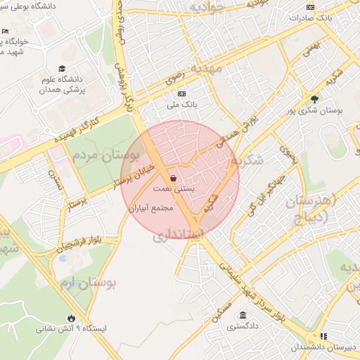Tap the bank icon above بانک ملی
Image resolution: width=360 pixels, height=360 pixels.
pos(182,94)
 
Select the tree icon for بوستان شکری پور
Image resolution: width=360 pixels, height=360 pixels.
pos(314,99)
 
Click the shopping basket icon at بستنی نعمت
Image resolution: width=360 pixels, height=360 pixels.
pos(173,179)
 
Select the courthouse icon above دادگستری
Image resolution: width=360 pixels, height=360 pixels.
pos(243,314)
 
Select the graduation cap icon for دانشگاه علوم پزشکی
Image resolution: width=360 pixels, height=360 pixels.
pos(62,69)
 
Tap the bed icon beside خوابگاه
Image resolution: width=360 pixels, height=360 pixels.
pos(6,32)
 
